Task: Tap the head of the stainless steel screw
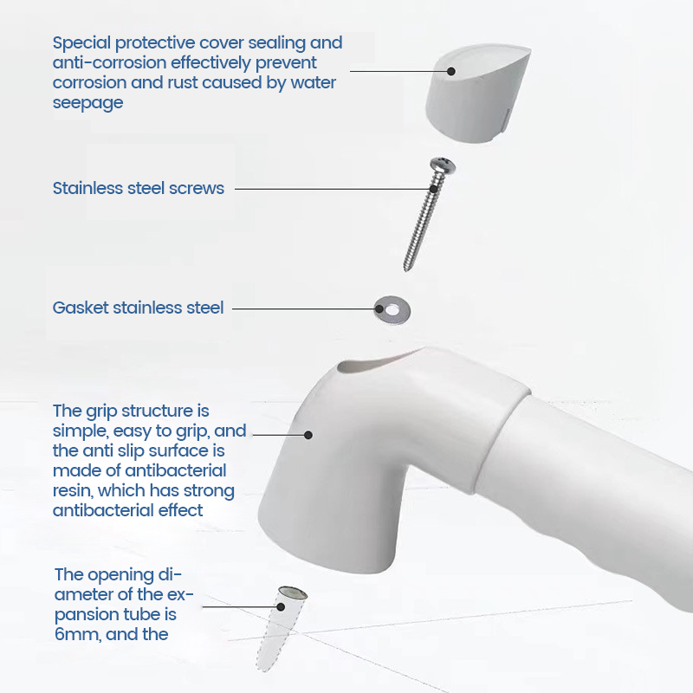click(443, 165)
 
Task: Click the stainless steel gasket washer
click(392, 310)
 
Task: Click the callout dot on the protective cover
click(450, 71)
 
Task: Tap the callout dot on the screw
click(434, 189)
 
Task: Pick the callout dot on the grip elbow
click(308, 435)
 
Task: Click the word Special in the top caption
click(81, 43)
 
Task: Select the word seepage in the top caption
click(88, 103)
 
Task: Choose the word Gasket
click(81, 308)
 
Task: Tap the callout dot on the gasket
click(379, 309)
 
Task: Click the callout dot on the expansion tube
click(281, 607)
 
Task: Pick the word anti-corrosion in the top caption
click(109, 63)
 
